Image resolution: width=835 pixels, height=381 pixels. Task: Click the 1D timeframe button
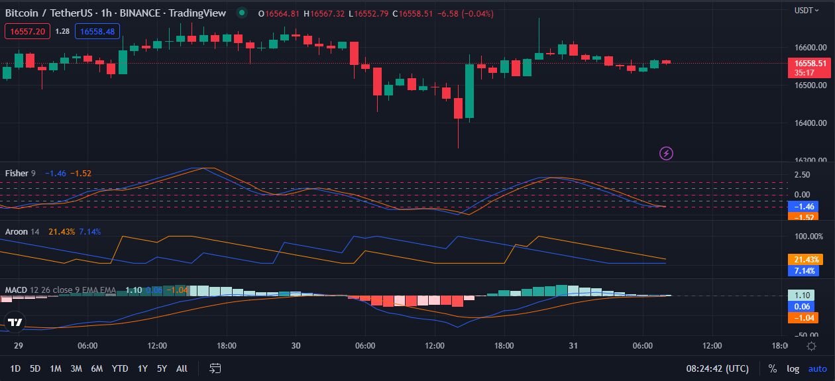[15, 368]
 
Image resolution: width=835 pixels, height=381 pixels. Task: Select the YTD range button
[120, 368]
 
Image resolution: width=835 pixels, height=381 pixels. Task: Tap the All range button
[182, 368]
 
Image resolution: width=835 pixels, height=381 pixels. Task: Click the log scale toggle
[793, 368]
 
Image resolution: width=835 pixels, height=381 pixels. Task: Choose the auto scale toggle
[817, 368]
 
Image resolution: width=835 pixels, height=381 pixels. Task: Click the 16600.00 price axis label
[810, 48]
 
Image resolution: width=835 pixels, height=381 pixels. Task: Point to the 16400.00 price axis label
[810, 123]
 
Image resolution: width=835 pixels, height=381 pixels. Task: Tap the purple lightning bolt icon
[667, 154]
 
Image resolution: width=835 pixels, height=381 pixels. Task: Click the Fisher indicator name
[17, 174]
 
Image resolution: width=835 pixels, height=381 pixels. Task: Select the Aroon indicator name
[17, 232]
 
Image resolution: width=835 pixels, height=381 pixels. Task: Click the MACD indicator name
[17, 290]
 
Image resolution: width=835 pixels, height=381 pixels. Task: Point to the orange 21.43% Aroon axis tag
[803, 260]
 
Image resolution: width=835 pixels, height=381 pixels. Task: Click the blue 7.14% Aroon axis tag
[803, 271]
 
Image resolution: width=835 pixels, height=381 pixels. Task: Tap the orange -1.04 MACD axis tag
[803, 318]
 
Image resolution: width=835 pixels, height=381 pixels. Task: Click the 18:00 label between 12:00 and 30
[226, 346]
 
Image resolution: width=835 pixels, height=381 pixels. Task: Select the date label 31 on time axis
[573, 346]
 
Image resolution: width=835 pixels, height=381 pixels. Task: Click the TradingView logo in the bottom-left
[15, 323]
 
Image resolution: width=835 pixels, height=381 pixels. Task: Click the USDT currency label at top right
[804, 11]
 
